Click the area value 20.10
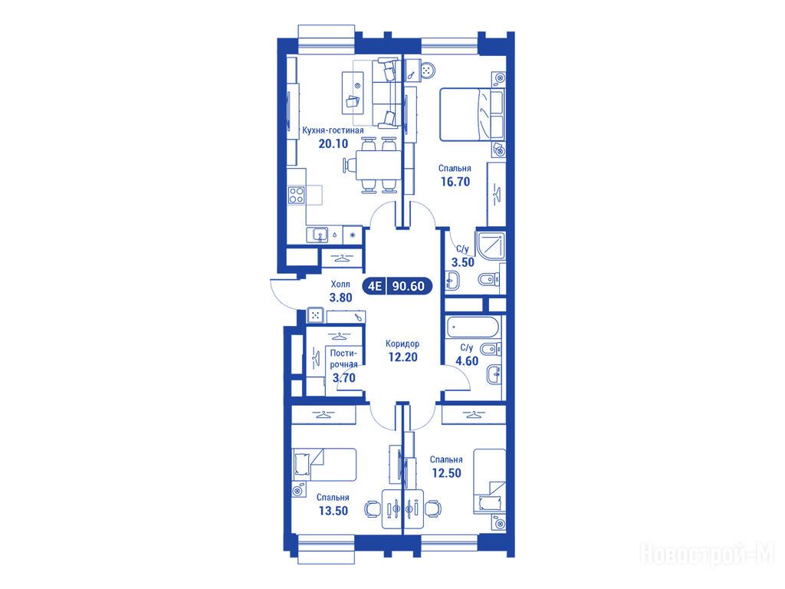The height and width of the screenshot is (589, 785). (x=333, y=143)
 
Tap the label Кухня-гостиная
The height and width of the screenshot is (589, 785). (x=333, y=130)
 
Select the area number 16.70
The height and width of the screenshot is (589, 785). (x=455, y=182)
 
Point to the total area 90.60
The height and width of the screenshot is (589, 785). (x=409, y=286)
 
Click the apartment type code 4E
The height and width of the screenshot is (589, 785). (x=375, y=286)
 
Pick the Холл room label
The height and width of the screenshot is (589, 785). (x=340, y=284)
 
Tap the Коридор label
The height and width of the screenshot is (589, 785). (x=402, y=344)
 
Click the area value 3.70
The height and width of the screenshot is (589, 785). (x=344, y=378)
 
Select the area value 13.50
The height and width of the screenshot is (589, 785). (x=333, y=511)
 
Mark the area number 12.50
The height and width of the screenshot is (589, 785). (x=447, y=472)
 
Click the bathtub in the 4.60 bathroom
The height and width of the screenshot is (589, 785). (x=472, y=327)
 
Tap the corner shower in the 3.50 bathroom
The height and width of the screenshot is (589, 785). (x=491, y=246)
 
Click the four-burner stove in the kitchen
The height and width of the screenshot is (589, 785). (x=297, y=194)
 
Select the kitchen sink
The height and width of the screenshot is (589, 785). (x=317, y=235)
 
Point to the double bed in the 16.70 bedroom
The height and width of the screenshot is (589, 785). (x=471, y=115)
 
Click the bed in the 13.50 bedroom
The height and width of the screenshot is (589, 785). (x=324, y=464)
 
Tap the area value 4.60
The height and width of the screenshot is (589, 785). (x=467, y=361)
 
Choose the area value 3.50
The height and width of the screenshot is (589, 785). (x=462, y=262)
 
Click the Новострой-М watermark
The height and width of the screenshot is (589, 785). (x=707, y=554)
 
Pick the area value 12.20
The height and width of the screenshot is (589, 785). (x=402, y=357)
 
